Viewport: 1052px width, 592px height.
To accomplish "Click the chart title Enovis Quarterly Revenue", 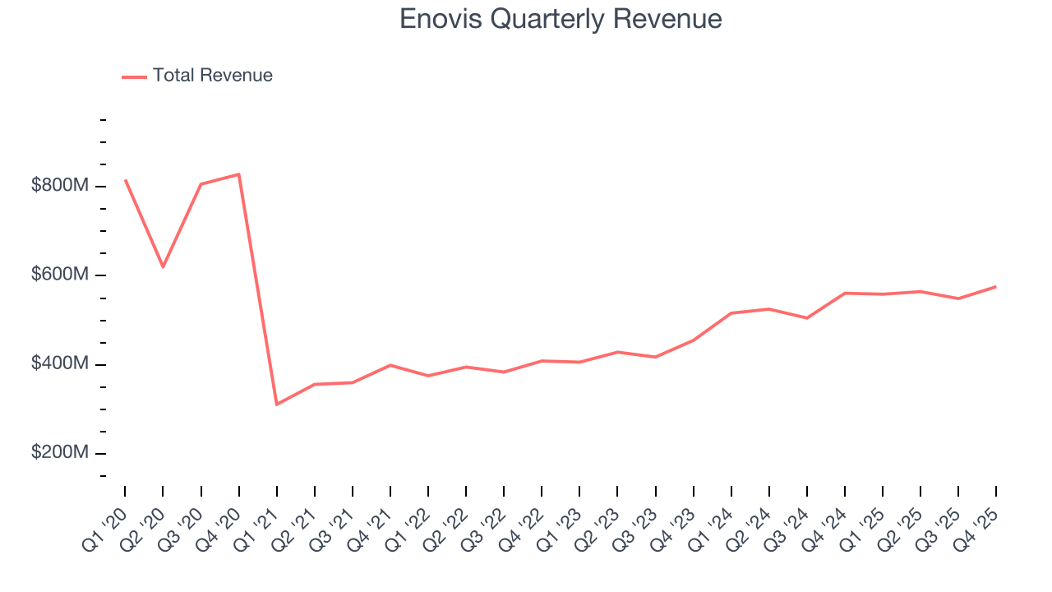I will (x=561, y=18).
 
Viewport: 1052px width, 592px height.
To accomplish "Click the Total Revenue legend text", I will (x=212, y=76).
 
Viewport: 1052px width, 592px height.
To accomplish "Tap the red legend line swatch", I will (x=134, y=76).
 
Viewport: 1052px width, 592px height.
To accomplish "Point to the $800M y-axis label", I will (x=59, y=186).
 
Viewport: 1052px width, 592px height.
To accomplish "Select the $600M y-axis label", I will (x=59, y=275).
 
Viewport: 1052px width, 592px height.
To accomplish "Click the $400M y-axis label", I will (x=59, y=364).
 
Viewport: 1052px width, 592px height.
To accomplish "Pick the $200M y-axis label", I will (x=59, y=453).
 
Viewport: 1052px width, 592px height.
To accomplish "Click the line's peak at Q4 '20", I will (x=238, y=173).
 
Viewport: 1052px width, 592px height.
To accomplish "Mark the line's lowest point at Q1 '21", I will (x=277, y=405).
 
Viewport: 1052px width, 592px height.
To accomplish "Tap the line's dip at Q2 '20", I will (x=163, y=266).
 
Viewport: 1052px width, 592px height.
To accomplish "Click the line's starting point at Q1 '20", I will (x=125, y=180).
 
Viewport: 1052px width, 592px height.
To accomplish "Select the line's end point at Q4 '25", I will (x=996, y=286).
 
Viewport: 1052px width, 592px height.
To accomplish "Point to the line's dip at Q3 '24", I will (x=807, y=318).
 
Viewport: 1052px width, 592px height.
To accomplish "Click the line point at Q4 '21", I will (x=390, y=365).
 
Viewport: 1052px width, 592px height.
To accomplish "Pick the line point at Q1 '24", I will (x=731, y=313).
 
